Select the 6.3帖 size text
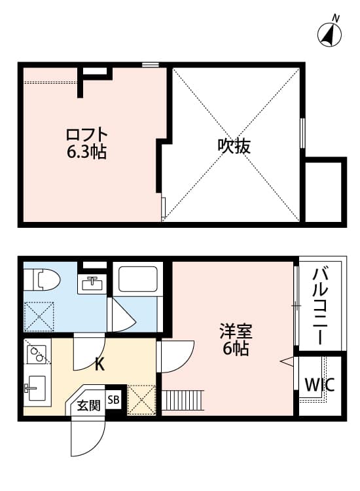(86, 153)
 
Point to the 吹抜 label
(234, 146)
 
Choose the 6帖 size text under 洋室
(236, 349)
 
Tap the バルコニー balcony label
(319, 306)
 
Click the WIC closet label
(319, 385)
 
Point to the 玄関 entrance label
(88, 405)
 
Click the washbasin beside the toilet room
(92, 283)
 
